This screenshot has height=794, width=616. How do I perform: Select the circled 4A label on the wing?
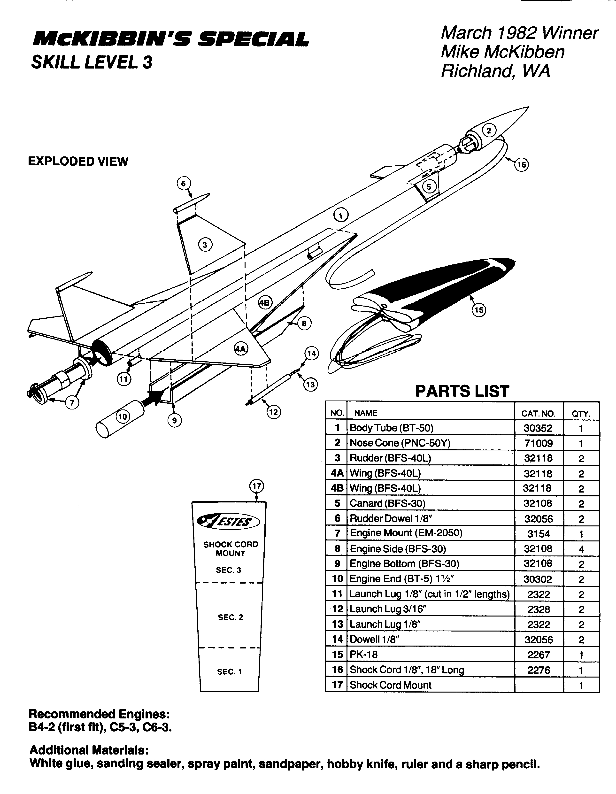[x=241, y=349]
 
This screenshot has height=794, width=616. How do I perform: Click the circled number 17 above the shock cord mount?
[x=257, y=486]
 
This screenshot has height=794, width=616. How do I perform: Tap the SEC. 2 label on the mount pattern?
[x=231, y=617]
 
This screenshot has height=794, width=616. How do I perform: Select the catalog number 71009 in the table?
[x=538, y=443]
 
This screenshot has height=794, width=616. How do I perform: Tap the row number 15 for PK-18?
[x=337, y=655]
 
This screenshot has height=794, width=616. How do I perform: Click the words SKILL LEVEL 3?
[x=92, y=62]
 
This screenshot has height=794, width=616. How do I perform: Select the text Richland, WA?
[x=495, y=71]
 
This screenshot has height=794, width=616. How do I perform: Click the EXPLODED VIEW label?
[x=78, y=162]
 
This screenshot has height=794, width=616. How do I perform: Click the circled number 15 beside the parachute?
[x=479, y=310]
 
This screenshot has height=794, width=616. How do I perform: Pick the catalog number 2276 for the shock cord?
[x=538, y=670]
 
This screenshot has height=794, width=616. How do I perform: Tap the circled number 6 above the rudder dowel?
[x=183, y=184]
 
